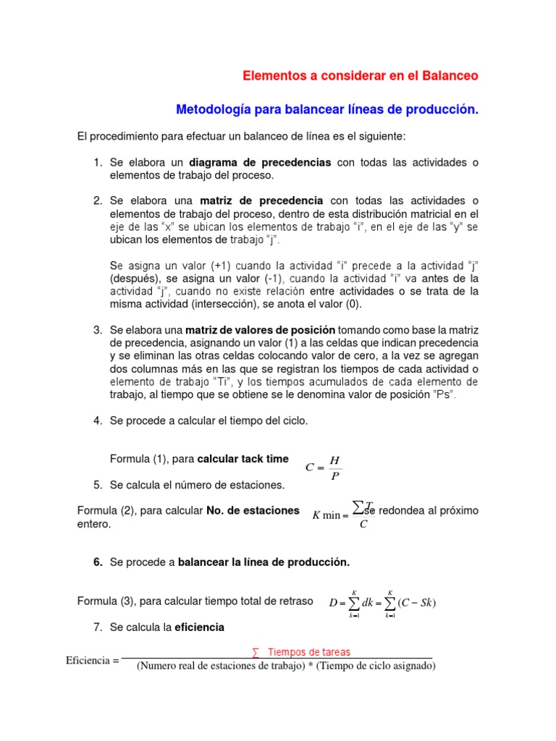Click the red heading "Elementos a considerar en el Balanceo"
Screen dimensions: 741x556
(x=360, y=75)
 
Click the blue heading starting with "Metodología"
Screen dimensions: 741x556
(x=328, y=109)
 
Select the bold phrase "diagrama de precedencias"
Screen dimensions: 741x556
(x=260, y=162)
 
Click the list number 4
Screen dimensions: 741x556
(x=97, y=421)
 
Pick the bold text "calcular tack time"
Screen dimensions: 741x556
(x=243, y=459)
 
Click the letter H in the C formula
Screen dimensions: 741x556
(x=334, y=460)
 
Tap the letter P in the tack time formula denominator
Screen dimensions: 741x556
(x=334, y=475)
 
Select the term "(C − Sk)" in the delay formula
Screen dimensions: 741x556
(x=416, y=603)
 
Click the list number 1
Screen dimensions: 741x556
(x=97, y=162)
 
